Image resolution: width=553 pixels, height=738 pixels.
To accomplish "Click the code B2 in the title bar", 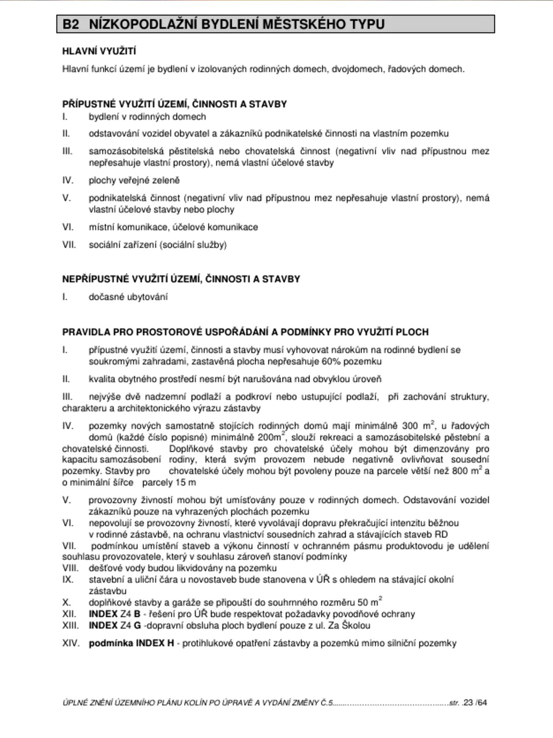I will click(x=71, y=24).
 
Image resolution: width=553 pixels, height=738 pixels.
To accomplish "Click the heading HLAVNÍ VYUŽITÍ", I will click(x=99, y=51).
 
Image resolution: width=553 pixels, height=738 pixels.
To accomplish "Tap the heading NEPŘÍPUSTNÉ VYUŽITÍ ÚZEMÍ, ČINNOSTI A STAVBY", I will click(x=181, y=279).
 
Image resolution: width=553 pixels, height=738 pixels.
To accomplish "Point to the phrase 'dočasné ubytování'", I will click(x=128, y=297).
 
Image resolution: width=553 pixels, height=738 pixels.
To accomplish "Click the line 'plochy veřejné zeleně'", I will click(x=134, y=180).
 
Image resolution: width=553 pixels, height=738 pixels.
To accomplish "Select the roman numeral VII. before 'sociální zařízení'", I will click(x=69, y=245).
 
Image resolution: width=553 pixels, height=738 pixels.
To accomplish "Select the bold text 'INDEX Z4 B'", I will click(x=114, y=614).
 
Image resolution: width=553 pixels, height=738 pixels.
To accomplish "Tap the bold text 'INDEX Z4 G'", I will click(x=115, y=625).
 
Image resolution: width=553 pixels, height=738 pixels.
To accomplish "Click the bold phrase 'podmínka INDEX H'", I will click(x=131, y=643).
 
